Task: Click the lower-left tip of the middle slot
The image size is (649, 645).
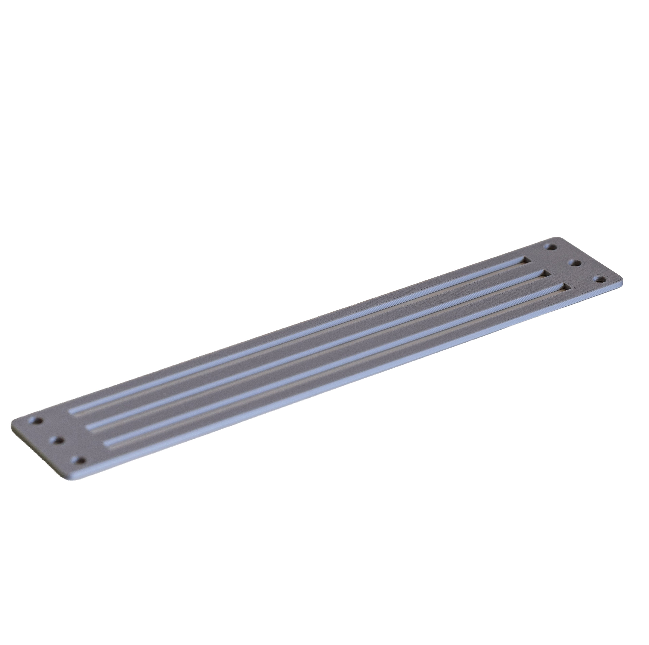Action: click(88, 428)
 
